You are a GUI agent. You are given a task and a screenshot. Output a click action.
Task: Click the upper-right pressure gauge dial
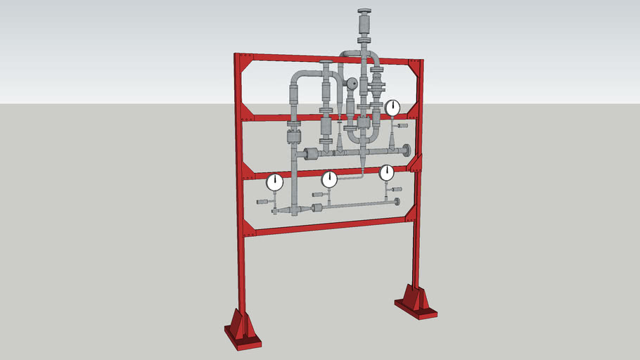(392, 108)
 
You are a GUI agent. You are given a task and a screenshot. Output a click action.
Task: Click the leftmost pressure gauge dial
(274, 183)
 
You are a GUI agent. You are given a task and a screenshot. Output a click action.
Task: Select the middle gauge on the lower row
(329, 181)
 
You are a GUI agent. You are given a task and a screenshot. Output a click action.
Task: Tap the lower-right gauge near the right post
(387, 172)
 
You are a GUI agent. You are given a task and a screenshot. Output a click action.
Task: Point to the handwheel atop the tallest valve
(365, 12)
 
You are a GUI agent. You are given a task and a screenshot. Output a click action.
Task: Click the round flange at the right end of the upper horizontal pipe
(407, 150)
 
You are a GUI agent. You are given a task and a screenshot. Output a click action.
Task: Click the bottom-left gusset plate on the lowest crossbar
(249, 227)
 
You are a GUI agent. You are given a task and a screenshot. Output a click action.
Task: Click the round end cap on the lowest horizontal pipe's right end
(397, 202)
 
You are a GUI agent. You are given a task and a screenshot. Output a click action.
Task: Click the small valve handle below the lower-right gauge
(397, 190)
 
